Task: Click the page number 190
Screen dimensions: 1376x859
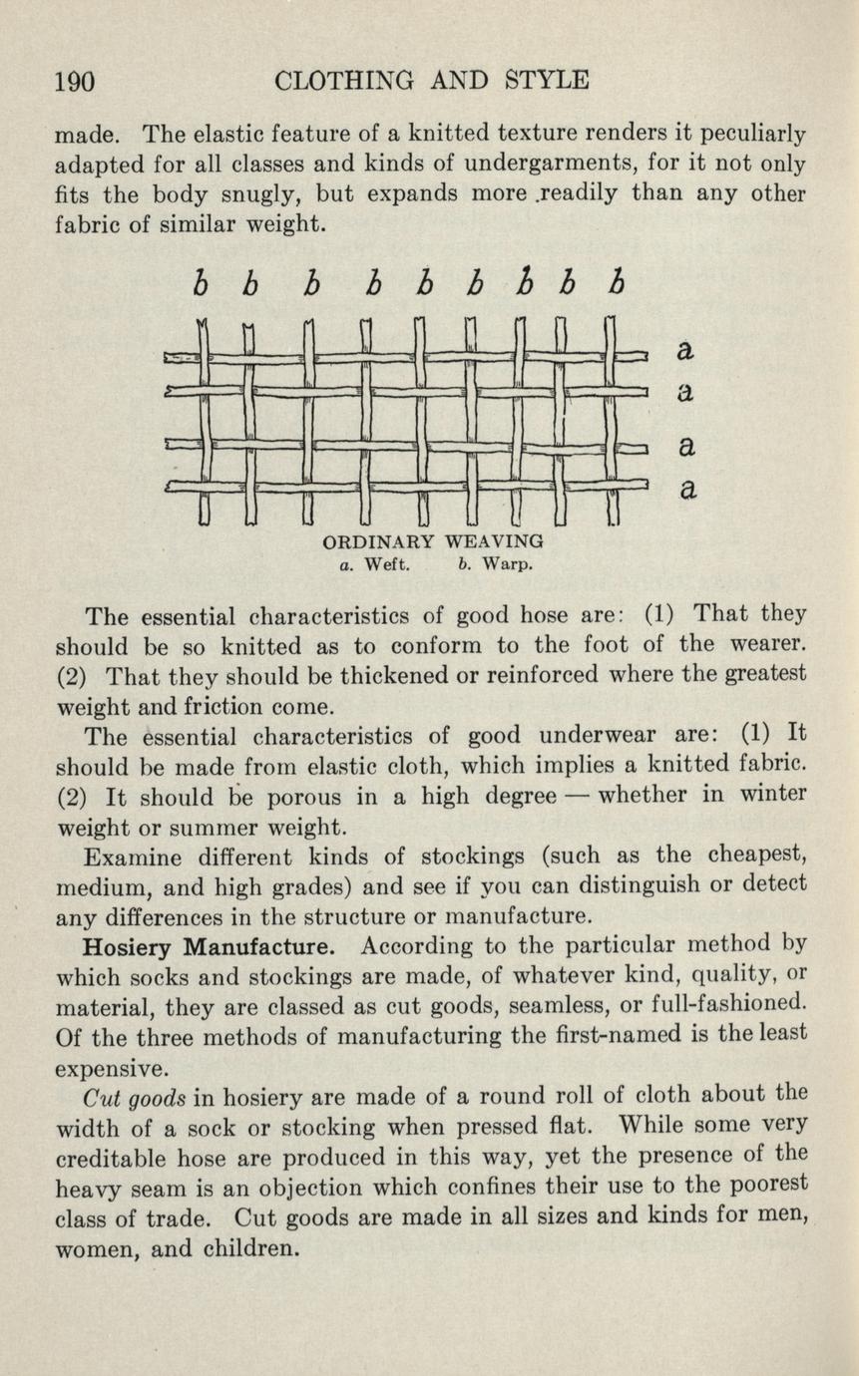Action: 74,81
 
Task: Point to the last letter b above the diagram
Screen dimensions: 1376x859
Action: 619,285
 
